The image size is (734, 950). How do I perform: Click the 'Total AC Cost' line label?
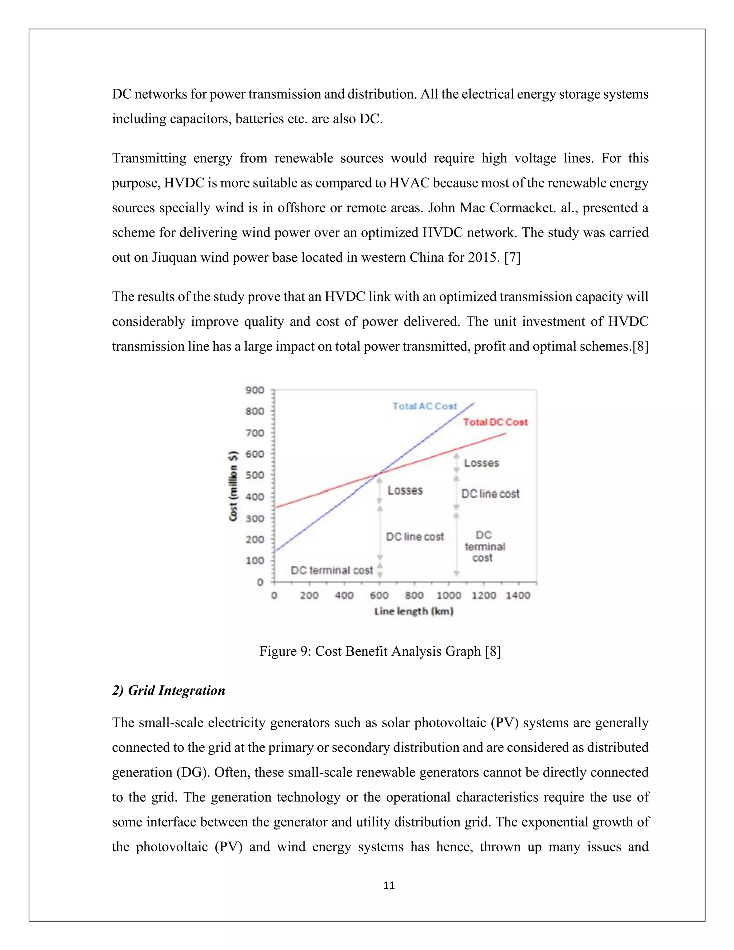[424, 406]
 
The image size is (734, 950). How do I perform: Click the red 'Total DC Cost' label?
[495, 422]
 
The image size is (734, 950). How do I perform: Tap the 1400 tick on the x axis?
[518, 595]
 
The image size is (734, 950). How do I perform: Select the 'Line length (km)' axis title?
[414, 611]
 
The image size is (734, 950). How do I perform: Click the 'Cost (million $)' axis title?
[234, 486]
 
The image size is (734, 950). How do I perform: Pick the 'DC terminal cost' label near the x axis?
[332, 570]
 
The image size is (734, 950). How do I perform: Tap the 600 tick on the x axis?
[379, 595]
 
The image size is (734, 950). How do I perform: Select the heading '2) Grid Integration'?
[169, 690]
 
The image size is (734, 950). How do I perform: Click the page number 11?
[389, 885]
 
